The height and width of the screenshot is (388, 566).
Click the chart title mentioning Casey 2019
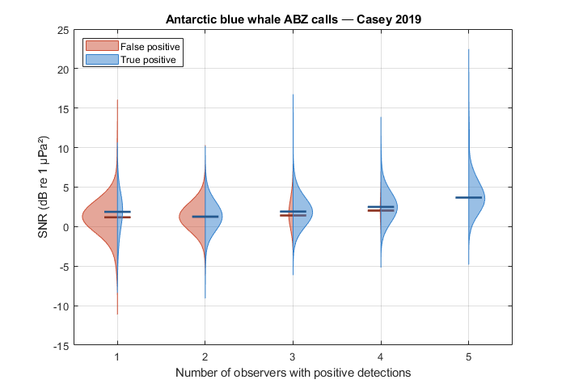click(293, 19)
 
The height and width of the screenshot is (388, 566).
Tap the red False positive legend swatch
click(102, 46)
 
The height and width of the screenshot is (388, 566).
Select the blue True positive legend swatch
click(102, 59)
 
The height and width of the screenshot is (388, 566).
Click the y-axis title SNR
click(43, 187)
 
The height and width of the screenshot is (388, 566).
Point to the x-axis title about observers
click(293, 373)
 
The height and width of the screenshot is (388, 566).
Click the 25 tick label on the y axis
click(63, 31)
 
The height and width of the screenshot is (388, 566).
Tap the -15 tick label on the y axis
click(61, 346)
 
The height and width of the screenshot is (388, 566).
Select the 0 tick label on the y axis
click(65, 227)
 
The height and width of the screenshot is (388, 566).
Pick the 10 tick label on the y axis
click(63, 149)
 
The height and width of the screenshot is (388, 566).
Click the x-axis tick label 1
click(117, 357)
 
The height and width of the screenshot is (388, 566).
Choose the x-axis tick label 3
click(293, 357)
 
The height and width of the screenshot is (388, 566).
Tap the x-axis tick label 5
click(468, 357)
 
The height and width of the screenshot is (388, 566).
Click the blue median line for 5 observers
click(468, 197)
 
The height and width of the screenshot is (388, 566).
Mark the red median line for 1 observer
click(117, 217)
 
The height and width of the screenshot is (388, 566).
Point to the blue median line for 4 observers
click(381, 207)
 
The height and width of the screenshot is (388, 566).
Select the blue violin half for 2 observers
click(212, 217)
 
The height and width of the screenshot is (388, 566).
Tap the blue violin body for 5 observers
click(475, 198)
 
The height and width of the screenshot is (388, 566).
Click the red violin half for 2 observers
click(193, 217)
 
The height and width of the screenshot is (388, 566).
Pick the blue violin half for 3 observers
click(302, 213)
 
